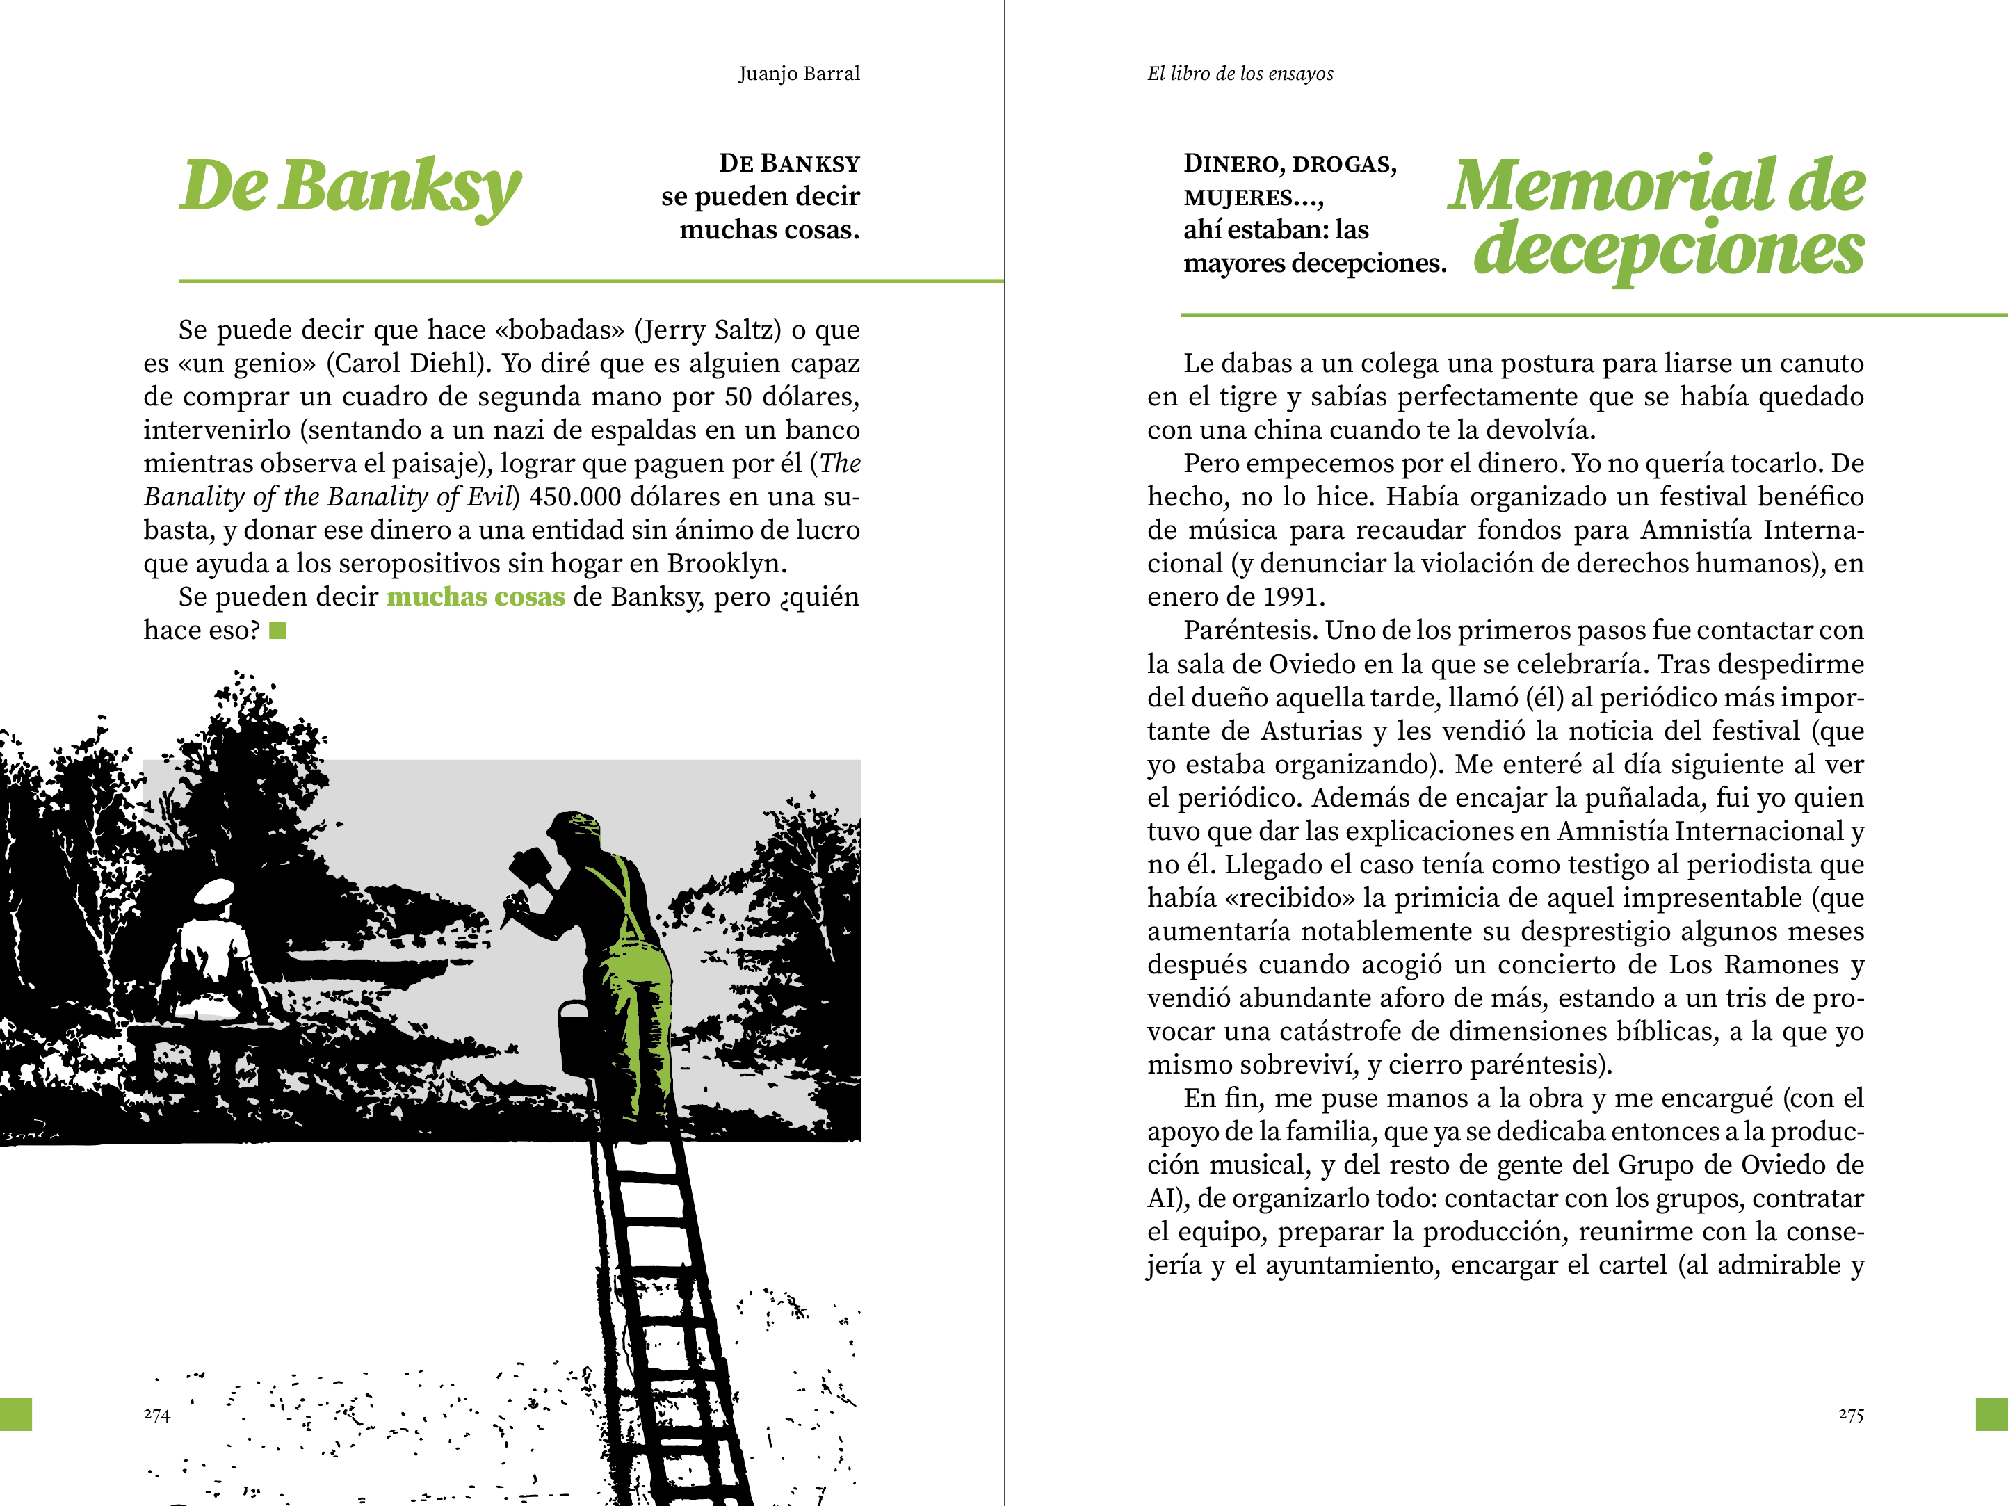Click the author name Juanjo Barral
click(x=799, y=74)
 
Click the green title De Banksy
click(x=350, y=186)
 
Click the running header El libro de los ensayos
click(x=1240, y=74)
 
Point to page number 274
click(x=157, y=1414)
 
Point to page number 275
click(x=1851, y=1414)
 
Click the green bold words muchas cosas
click(x=476, y=597)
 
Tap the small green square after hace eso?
click(x=278, y=631)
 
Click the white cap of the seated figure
click(x=215, y=891)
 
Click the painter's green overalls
click(x=639, y=980)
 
